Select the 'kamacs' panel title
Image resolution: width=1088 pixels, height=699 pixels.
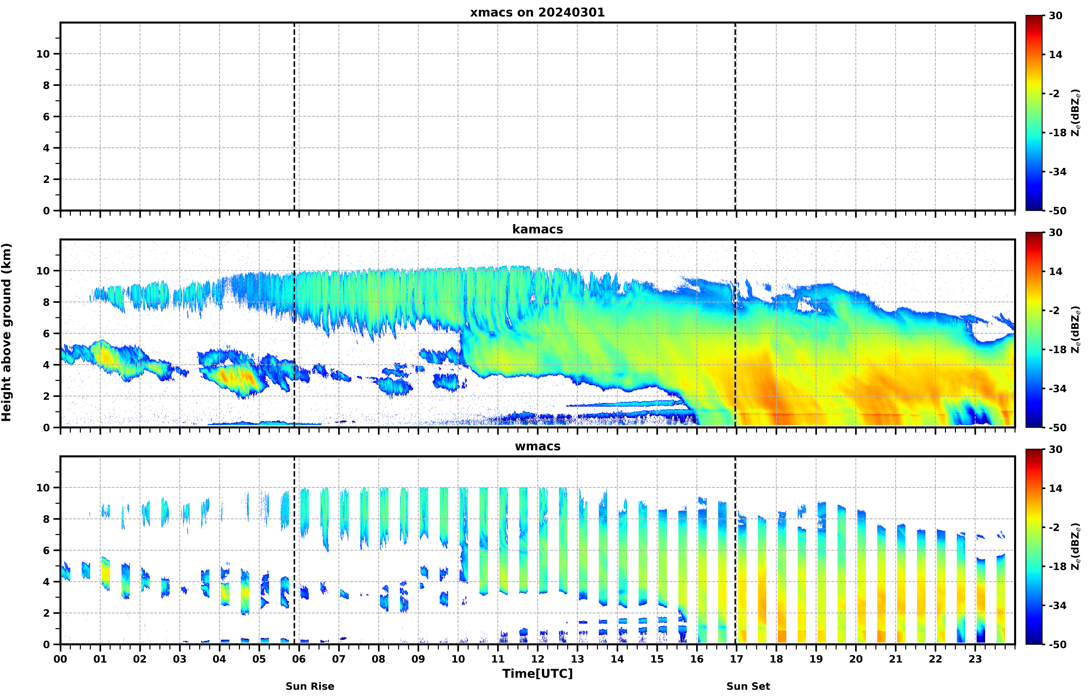coord(537,229)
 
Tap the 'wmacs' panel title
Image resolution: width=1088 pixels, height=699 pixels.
coord(537,446)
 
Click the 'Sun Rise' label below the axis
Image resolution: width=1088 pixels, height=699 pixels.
coord(310,686)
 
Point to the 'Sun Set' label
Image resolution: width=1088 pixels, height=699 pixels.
coord(748,686)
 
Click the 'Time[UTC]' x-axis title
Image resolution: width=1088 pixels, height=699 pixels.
coord(537,674)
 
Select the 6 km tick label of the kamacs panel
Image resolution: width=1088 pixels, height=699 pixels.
coord(46,334)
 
